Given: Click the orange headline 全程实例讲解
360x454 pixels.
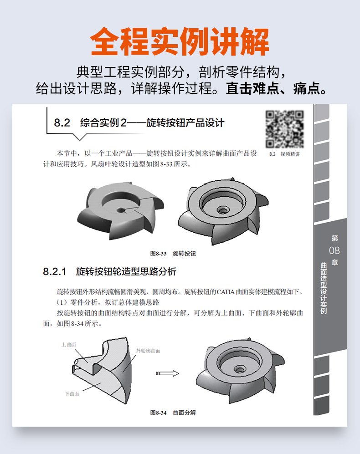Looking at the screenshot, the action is (x=180, y=41).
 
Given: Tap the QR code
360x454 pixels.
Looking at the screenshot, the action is (x=285, y=129).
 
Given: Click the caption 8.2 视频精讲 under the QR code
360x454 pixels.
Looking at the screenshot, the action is (x=285, y=154).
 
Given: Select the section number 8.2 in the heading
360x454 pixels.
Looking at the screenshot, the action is (x=62, y=123).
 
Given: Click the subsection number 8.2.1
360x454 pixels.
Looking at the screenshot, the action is (x=55, y=271).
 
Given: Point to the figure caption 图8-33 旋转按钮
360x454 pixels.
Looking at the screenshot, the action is (x=173, y=254).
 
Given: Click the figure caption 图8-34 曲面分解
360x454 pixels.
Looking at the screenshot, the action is (x=173, y=413).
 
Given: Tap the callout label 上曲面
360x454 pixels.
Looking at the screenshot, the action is (x=69, y=345).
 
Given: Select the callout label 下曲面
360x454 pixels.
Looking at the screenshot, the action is (x=72, y=394).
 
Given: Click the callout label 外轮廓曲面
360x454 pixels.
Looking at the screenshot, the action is (x=149, y=351).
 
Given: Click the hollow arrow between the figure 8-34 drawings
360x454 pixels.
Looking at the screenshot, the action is (x=167, y=373).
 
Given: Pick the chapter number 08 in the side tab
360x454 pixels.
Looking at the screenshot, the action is (x=334, y=250).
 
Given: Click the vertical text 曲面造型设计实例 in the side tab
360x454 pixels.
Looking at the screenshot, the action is (x=324, y=288).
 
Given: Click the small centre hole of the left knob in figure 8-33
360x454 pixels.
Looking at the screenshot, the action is (x=120, y=209).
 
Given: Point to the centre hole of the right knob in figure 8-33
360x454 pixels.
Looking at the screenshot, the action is (x=223, y=209).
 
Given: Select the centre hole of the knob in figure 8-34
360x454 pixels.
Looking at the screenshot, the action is (x=239, y=369).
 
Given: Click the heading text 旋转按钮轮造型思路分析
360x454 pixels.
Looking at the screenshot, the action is (x=126, y=271).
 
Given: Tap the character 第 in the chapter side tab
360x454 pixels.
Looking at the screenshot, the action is (x=335, y=238).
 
